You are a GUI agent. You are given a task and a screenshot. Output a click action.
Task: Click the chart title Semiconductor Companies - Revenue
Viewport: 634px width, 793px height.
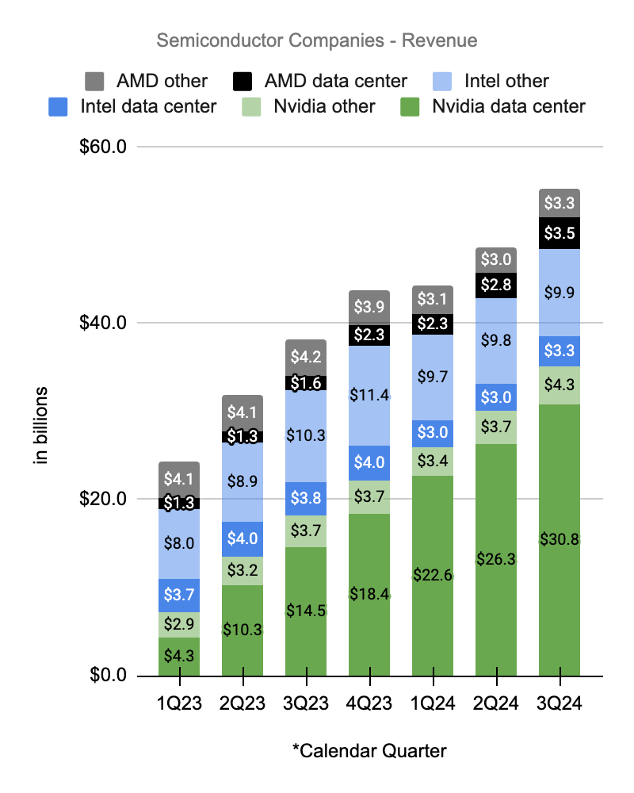317,40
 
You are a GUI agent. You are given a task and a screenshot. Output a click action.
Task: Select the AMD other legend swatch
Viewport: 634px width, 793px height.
95,81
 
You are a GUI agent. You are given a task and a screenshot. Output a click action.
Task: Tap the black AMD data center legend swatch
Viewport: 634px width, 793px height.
243,81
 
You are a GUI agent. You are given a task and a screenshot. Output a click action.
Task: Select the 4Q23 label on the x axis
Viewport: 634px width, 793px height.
369,702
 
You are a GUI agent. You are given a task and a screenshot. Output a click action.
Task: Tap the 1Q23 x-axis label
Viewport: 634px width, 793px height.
178,702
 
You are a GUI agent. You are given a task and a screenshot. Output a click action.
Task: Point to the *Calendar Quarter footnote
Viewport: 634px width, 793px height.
369,750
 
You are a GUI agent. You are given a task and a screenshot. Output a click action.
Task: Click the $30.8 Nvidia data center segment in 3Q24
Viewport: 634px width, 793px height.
560,539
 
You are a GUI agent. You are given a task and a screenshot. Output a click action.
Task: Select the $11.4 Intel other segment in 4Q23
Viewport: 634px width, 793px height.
369,396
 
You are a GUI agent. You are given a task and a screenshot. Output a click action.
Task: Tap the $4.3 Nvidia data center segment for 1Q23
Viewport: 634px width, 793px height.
179,657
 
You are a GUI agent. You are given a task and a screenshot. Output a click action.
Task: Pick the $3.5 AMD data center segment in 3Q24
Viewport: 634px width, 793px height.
560,233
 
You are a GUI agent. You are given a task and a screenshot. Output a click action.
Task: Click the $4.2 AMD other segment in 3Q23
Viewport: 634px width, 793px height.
306,357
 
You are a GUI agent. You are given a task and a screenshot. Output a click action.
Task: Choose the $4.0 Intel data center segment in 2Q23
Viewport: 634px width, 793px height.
243,538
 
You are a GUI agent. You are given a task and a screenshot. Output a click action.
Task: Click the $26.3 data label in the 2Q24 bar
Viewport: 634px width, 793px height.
496,559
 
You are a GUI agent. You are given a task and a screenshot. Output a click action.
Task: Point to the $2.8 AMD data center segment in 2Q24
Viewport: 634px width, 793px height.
496,285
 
